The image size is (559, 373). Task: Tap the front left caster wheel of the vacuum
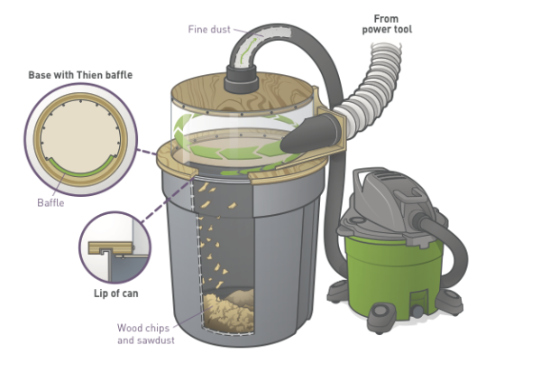(x=379, y=315)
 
